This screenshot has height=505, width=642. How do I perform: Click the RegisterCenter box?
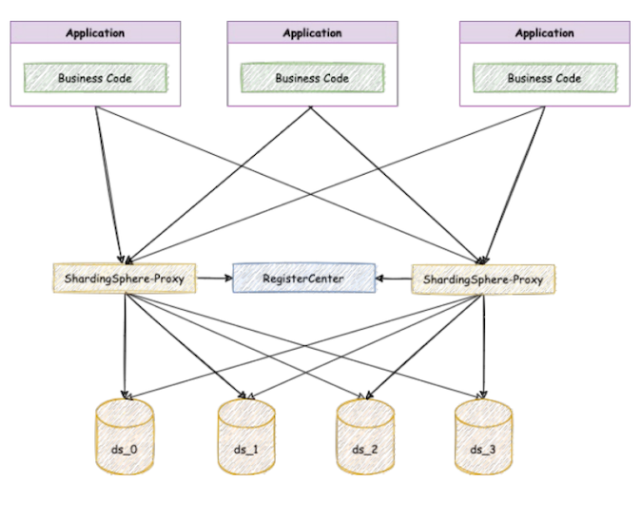(x=303, y=280)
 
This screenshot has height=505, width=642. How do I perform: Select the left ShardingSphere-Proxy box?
(x=123, y=280)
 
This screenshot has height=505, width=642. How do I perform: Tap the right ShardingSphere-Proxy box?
(x=483, y=280)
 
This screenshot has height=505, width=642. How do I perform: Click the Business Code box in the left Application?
(x=95, y=77)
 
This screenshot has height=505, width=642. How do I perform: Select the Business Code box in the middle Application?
(x=312, y=77)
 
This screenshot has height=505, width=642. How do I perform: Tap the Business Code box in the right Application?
(x=544, y=77)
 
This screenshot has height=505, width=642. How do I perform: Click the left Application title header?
(x=95, y=33)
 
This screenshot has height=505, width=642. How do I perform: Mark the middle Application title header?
(x=312, y=33)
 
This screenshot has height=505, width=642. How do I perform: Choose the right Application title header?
(x=544, y=33)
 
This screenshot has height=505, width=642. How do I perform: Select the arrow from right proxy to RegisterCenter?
(x=393, y=280)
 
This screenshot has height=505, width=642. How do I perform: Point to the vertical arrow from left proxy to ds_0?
(x=125, y=342)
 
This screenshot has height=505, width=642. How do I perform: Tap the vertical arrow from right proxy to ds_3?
(x=484, y=342)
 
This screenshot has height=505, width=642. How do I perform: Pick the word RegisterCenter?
(x=303, y=280)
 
